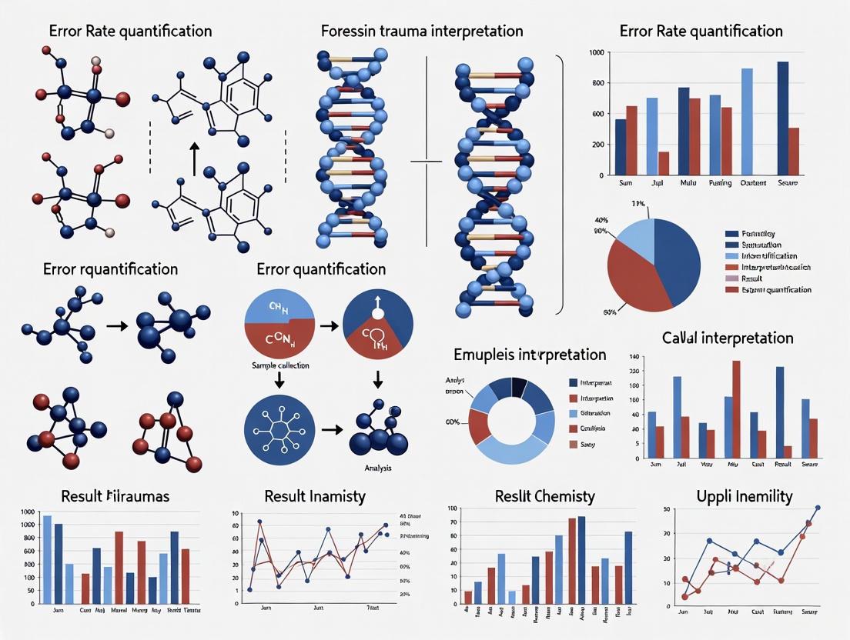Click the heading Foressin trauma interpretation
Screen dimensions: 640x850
point(422,32)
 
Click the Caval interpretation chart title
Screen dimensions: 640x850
point(727,338)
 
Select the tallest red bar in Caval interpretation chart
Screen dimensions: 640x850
point(736,409)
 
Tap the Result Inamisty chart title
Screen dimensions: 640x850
point(314,496)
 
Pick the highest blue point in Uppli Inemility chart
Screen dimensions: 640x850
point(817,508)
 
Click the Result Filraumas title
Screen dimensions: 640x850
point(116,496)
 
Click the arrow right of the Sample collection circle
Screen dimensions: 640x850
point(326,326)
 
